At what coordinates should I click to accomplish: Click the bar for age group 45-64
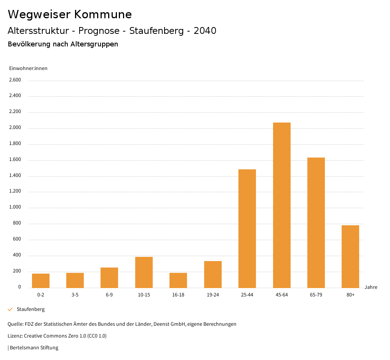[x=281, y=205]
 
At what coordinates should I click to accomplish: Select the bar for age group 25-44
[x=247, y=228]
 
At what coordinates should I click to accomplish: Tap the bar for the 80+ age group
[x=350, y=256]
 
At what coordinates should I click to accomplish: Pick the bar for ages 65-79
[x=316, y=223]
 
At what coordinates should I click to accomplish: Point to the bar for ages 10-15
[x=144, y=272]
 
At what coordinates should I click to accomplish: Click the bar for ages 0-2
[x=41, y=281]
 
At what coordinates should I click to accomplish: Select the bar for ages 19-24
[x=213, y=274]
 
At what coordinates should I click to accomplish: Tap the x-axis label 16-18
[x=178, y=295]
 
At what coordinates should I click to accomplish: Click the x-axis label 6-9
[x=109, y=295]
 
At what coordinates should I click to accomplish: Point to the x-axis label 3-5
[x=75, y=295]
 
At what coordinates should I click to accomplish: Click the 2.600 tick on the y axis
[x=15, y=80]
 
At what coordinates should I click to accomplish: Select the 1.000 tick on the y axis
[x=15, y=207]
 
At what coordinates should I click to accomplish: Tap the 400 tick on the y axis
[x=17, y=255]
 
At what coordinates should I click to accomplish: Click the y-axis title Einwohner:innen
[x=28, y=68]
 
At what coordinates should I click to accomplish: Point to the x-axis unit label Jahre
[x=371, y=287]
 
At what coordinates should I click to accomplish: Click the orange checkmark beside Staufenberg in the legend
[x=10, y=309]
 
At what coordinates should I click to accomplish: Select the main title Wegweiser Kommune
[x=70, y=14]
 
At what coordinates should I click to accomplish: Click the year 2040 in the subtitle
[x=205, y=31]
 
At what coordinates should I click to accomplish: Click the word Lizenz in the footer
[x=15, y=336]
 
